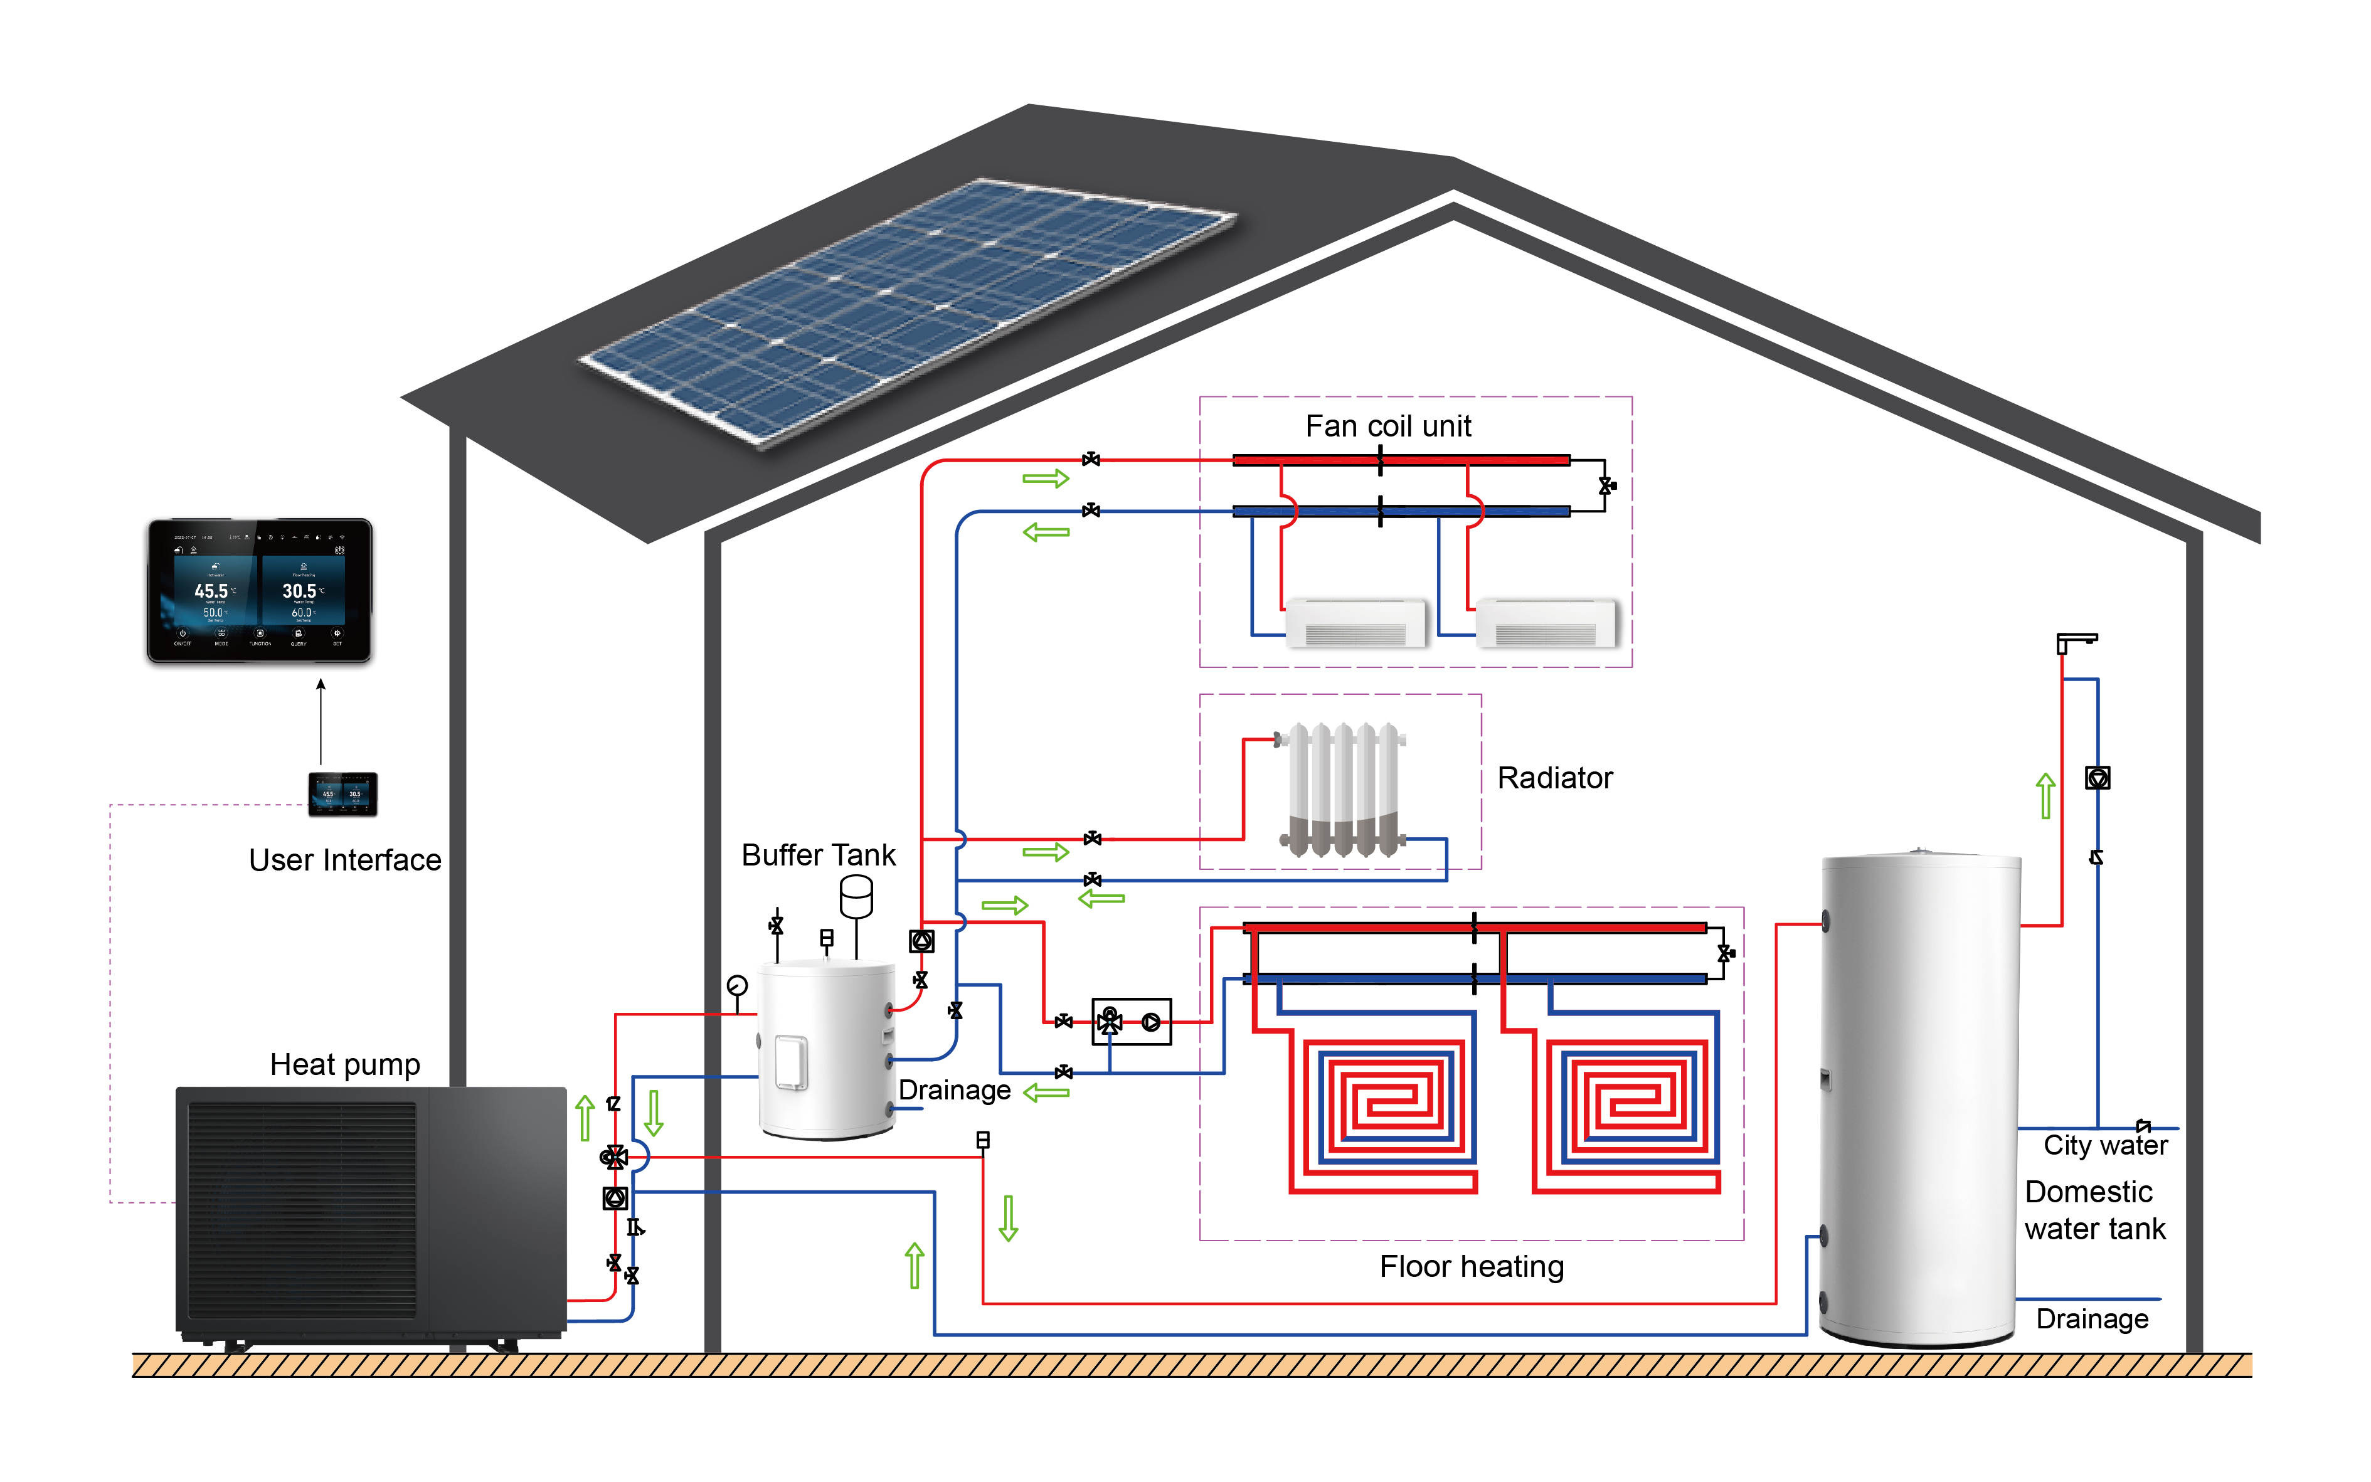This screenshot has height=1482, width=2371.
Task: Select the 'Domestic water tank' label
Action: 2094,1210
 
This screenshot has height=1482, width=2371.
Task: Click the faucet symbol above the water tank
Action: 2074,642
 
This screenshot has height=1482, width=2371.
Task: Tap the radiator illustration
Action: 1342,789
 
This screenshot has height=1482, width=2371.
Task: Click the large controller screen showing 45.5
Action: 259,591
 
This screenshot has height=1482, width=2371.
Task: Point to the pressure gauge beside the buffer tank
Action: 737,985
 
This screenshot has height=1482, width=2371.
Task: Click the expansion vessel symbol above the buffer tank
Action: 856,896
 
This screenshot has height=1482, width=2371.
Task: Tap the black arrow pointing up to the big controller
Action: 321,721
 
